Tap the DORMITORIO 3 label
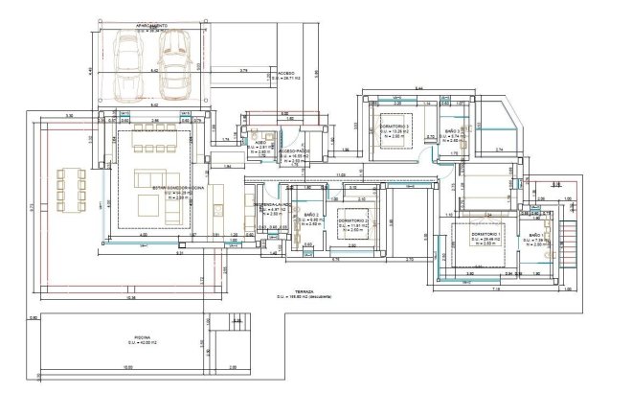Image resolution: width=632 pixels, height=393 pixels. pyautogui.click(x=395, y=127)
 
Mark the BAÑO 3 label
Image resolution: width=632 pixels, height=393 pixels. pyautogui.click(x=456, y=130)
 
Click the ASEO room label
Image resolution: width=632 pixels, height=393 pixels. pyautogui.click(x=260, y=141)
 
